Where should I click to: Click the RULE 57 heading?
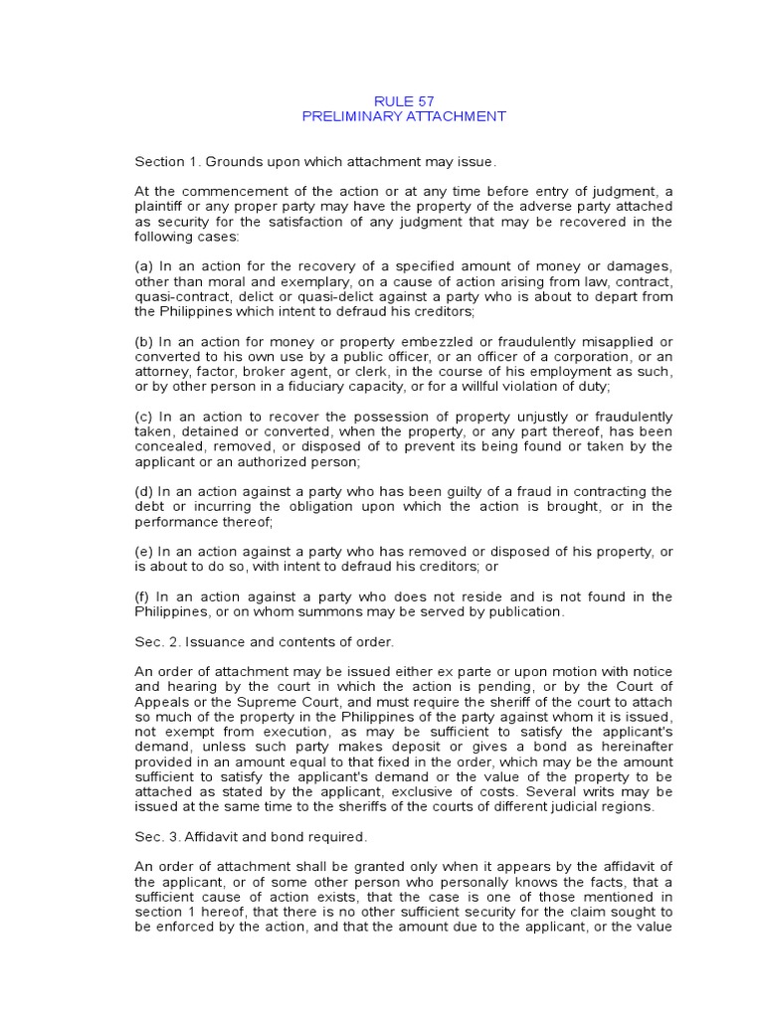(404, 100)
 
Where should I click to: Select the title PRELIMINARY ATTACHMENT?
(404, 116)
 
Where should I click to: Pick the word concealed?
(166, 446)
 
